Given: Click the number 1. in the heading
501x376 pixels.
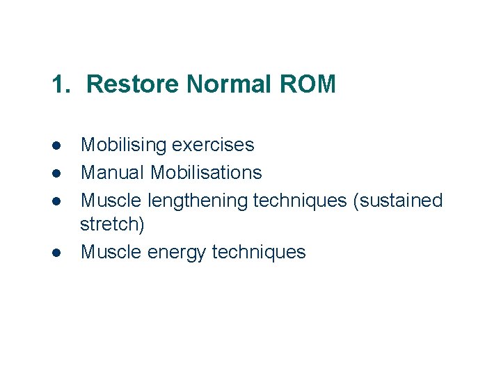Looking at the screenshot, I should tap(61, 84).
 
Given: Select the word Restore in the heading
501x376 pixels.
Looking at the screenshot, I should tap(133, 84).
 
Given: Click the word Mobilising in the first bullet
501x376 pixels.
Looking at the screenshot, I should tap(123, 145).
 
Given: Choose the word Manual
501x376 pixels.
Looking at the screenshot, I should tap(113, 172).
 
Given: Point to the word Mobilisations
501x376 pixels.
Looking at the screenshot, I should tap(206, 172).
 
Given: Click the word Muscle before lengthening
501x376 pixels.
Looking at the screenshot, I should tap(111, 201).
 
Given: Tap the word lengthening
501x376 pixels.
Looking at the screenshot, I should tap(198, 201).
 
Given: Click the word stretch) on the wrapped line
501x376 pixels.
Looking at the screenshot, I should tap(112, 225).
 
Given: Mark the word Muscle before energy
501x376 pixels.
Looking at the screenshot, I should tap(111, 251).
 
